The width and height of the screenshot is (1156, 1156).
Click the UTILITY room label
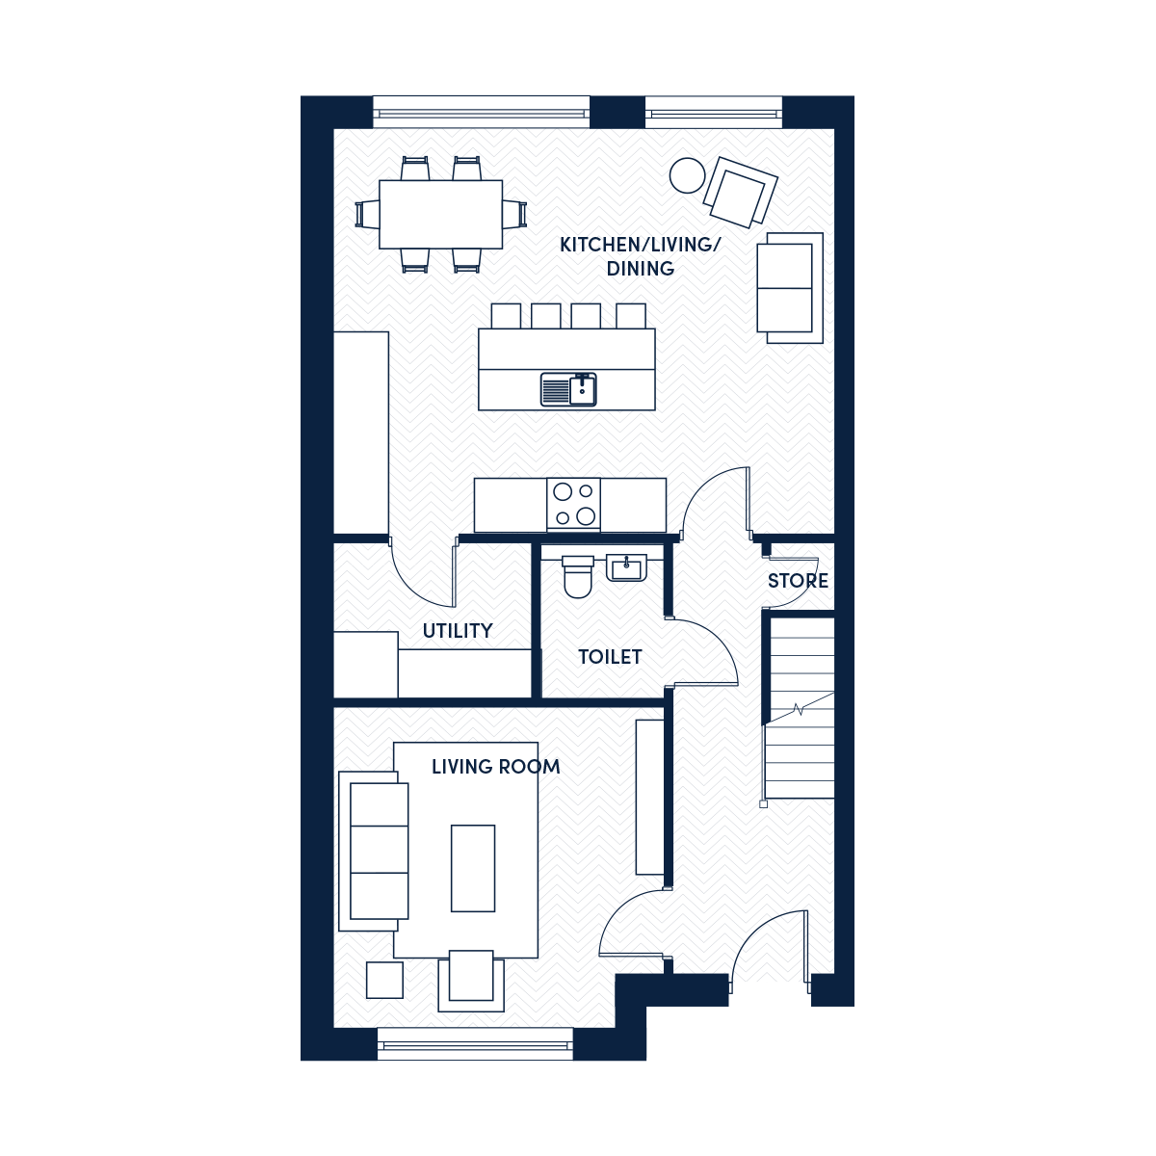[x=458, y=631]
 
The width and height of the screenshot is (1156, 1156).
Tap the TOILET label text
[x=610, y=658]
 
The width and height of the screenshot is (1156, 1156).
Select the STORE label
[x=798, y=581]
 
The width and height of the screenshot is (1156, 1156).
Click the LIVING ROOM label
[x=495, y=767]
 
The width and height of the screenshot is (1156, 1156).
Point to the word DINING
[x=640, y=269]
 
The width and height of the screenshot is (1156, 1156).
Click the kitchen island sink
[x=568, y=389]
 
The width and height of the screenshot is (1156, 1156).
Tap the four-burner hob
[x=573, y=505]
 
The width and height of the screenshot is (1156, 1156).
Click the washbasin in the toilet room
[x=626, y=567]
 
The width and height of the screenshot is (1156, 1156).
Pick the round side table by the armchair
[x=687, y=175]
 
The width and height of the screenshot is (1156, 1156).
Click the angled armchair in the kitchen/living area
[x=740, y=192]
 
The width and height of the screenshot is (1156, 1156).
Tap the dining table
[x=441, y=214]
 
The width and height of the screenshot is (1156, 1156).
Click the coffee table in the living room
[x=473, y=868]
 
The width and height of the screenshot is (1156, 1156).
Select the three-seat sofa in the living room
[x=374, y=851]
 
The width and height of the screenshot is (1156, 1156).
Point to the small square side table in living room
[x=384, y=980]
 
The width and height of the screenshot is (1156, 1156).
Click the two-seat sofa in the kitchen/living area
[x=790, y=288]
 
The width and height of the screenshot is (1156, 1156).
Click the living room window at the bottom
[x=475, y=1044]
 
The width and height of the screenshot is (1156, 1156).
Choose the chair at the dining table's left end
[x=367, y=214]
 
